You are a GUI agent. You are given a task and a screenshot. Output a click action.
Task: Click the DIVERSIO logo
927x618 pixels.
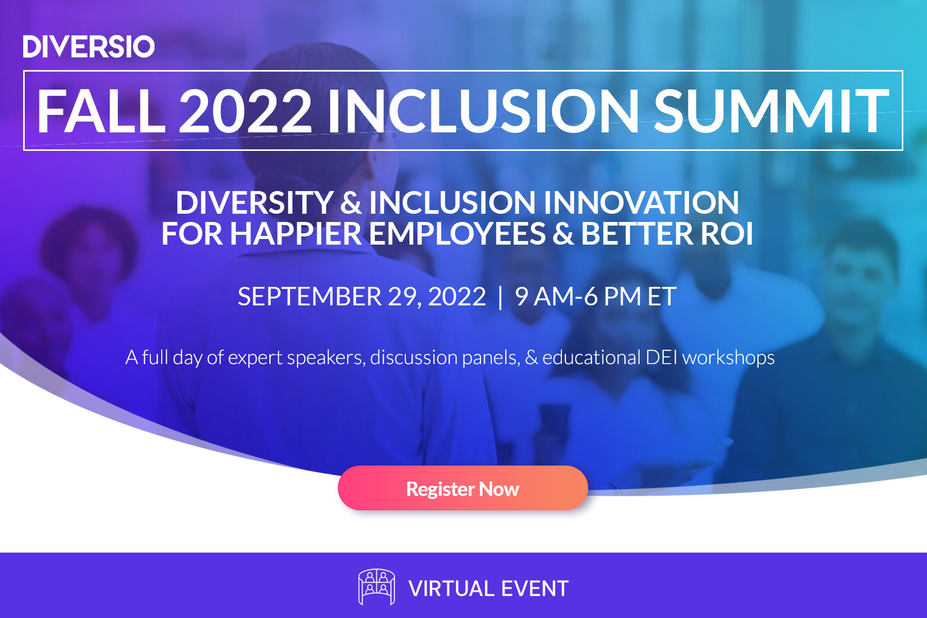tap(89, 47)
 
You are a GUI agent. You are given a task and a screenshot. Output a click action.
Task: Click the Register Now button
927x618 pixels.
tap(462, 488)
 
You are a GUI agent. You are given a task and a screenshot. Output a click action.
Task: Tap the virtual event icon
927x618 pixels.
tap(376, 587)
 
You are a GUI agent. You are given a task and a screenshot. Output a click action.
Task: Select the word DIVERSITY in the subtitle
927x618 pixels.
tap(254, 202)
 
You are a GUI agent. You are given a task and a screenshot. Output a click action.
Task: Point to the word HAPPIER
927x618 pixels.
tap(296, 234)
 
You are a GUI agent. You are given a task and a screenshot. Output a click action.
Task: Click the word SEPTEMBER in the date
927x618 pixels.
tap(310, 297)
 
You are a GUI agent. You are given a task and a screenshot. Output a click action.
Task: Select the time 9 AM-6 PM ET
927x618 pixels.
tap(595, 297)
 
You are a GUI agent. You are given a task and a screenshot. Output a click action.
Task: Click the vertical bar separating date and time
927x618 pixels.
tap(500, 297)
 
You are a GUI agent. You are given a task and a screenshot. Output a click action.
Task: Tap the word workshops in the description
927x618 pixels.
tap(728, 357)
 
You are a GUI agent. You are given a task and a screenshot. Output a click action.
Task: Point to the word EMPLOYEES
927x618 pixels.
tap(457, 234)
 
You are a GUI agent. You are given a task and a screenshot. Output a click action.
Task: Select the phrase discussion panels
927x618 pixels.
tap(444, 357)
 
